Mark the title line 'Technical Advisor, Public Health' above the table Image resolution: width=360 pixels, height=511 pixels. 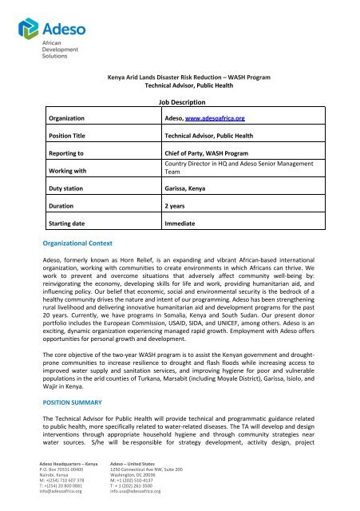tap(180, 83)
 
